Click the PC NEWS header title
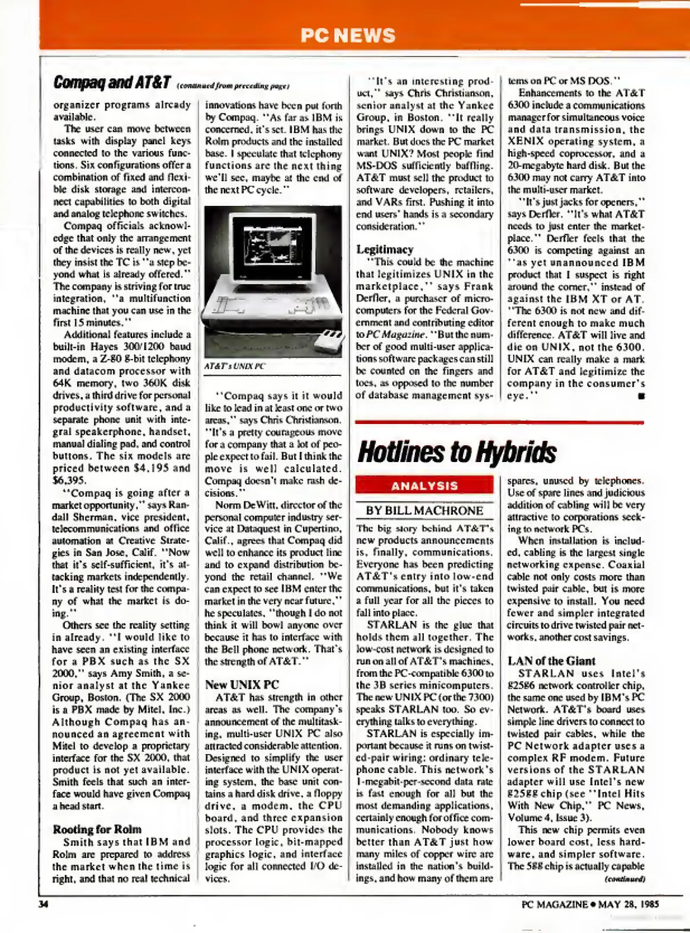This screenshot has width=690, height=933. [x=348, y=35]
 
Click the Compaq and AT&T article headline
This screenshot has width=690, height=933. [x=112, y=82]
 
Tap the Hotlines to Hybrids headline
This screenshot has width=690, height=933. [x=457, y=453]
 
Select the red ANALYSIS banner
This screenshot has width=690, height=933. [x=424, y=485]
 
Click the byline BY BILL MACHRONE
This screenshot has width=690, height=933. [x=424, y=511]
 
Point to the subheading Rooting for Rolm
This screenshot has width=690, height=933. [x=97, y=829]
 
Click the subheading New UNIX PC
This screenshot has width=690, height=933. [x=242, y=684]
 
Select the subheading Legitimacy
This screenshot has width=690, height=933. [x=385, y=249]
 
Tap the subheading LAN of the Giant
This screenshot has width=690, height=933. [x=551, y=660]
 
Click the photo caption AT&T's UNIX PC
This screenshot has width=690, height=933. [x=235, y=366]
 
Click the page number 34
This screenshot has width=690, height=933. [x=43, y=904]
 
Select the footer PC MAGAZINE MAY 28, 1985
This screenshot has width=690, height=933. [x=590, y=904]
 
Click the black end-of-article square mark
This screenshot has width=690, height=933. [x=641, y=396]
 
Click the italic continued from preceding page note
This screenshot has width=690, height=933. [x=233, y=86]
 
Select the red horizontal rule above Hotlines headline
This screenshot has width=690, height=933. [x=499, y=422]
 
